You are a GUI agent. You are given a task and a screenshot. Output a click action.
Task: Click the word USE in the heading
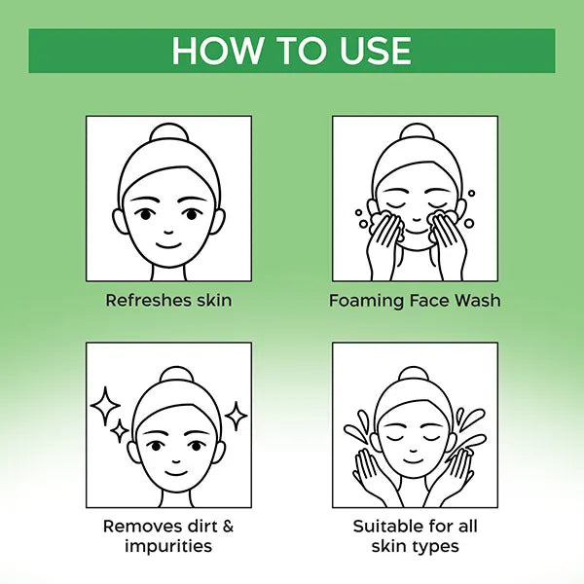pyautogui.click(x=375, y=51)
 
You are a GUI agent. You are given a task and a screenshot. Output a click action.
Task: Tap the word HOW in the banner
pyautogui.click(x=217, y=51)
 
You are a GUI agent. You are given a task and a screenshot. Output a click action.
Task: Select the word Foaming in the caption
pyautogui.click(x=367, y=301)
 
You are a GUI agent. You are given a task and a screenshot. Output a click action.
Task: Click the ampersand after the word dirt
pyautogui.click(x=226, y=527)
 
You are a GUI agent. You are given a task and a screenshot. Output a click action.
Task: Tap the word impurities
pyautogui.click(x=168, y=547)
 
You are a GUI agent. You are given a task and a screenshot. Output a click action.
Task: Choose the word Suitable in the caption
pyautogui.click(x=385, y=527)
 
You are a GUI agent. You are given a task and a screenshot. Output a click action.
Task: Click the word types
pyautogui.click(x=436, y=547)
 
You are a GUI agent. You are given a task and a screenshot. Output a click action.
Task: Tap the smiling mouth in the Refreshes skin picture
pyautogui.click(x=168, y=245)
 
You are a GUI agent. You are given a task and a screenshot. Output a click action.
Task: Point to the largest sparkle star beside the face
pyautogui.click(x=105, y=406)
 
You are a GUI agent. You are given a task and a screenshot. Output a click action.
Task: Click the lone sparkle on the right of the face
pyautogui.click(x=236, y=416)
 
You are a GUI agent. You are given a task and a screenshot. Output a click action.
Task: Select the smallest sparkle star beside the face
pyautogui.click(x=120, y=431)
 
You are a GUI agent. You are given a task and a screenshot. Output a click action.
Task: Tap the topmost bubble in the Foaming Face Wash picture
pyautogui.click(x=471, y=194)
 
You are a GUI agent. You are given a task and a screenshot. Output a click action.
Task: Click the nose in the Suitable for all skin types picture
pyautogui.click(x=413, y=451)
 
